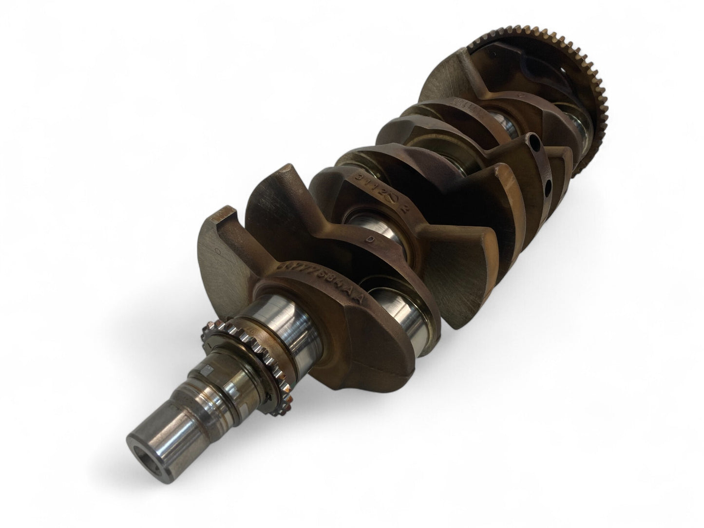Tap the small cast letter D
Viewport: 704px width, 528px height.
(372, 239)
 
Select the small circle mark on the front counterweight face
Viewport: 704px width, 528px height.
(216, 251)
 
